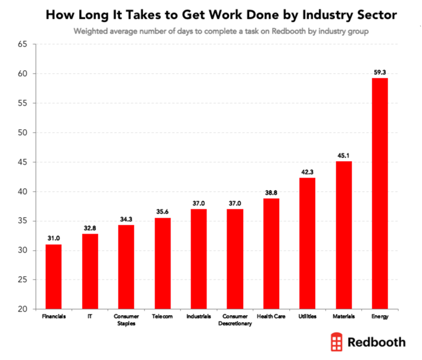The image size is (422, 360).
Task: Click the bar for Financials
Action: [x=53, y=277]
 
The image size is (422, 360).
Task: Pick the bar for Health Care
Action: [x=271, y=254]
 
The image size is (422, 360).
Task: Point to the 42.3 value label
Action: [x=307, y=172]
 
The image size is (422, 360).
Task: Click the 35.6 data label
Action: [x=162, y=212]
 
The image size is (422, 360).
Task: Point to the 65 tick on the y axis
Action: [x=23, y=44]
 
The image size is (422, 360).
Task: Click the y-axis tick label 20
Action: [x=23, y=309]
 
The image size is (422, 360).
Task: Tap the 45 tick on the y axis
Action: [x=23, y=162]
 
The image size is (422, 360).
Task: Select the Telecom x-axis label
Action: [x=162, y=317]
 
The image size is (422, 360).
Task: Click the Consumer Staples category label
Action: [x=126, y=320]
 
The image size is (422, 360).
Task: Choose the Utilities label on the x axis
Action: [x=307, y=317]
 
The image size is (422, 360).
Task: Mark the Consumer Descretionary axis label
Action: [x=235, y=320]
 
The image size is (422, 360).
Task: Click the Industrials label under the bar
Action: [x=198, y=317]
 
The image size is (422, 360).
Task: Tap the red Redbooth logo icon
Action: [x=338, y=342]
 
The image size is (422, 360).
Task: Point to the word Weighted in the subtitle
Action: [x=90, y=31]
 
